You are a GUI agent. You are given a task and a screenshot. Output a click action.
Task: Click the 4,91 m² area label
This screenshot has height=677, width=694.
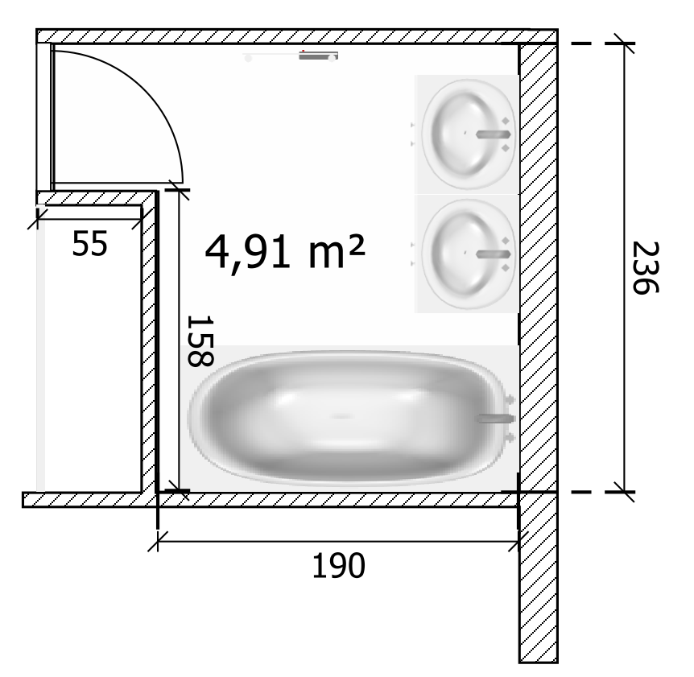pyautogui.click(x=285, y=252)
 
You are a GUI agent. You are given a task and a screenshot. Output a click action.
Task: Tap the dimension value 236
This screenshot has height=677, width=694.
pyautogui.click(x=646, y=268)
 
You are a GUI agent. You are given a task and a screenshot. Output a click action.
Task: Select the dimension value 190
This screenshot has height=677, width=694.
pyautogui.click(x=339, y=565)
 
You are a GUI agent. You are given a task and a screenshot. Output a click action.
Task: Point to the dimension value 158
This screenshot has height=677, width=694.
pyautogui.click(x=200, y=341)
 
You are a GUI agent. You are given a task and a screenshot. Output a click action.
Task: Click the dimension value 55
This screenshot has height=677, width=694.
pyautogui.click(x=90, y=243)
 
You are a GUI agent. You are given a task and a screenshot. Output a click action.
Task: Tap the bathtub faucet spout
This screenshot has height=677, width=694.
pyautogui.click(x=496, y=418)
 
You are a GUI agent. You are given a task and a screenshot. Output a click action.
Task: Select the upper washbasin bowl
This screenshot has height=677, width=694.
pyautogui.click(x=469, y=134)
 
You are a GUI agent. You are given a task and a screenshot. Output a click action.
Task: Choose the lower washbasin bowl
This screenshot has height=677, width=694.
pyautogui.click(x=469, y=254)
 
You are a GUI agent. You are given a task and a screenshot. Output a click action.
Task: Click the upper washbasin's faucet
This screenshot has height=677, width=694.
pyautogui.click(x=493, y=134)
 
